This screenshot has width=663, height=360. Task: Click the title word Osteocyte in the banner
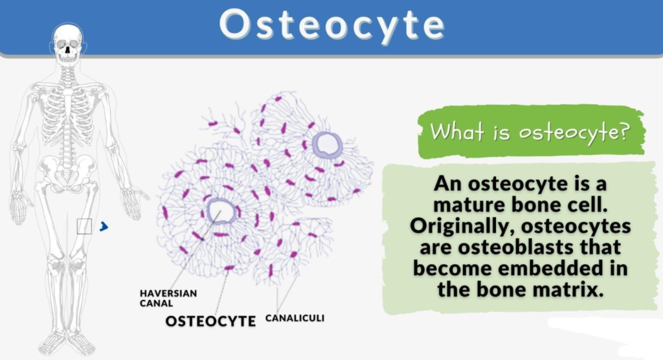(332, 25)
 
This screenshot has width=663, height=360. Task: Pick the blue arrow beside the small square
(104, 227)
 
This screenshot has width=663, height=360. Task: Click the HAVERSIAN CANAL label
(168, 298)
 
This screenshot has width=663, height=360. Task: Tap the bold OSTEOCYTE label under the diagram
(210, 321)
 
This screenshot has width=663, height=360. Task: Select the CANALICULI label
(295, 318)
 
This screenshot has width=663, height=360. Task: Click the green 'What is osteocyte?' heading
(530, 131)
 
